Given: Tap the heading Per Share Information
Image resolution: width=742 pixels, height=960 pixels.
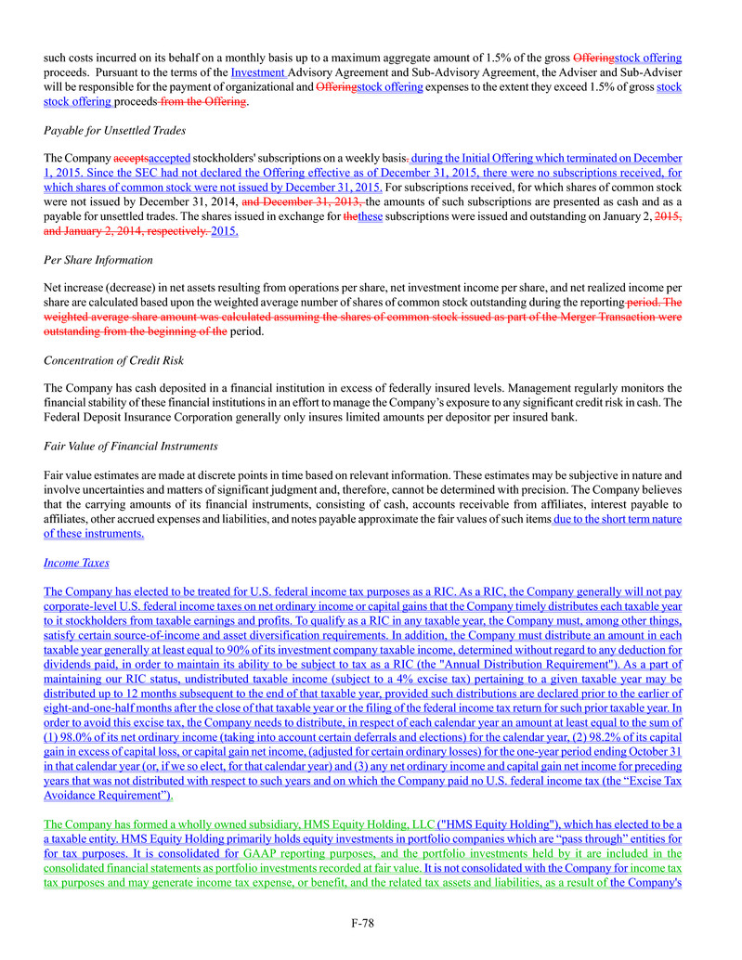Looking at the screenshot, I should tap(98, 259).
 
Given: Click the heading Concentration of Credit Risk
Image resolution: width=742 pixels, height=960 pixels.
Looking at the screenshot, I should tap(115, 359).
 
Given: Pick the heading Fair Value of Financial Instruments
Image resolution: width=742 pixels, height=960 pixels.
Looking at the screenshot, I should tap(131, 446).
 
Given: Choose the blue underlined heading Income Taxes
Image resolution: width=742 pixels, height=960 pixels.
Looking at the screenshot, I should tap(76, 562).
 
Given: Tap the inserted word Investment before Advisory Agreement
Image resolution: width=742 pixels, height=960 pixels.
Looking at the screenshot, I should tap(258, 71).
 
